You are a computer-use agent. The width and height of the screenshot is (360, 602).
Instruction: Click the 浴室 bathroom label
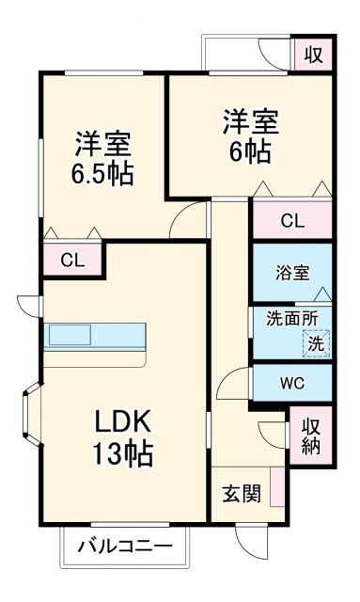click(x=292, y=274)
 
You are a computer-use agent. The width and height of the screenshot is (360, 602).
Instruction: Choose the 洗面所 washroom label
click(x=292, y=318)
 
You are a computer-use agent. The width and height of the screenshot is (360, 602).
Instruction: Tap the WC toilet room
click(x=292, y=384)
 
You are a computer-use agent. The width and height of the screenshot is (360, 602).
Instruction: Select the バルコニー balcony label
click(x=124, y=547)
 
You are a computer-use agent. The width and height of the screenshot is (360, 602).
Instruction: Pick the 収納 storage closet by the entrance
click(x=311, y=436)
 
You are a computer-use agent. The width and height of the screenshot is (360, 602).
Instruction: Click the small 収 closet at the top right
click(x=313, y=55)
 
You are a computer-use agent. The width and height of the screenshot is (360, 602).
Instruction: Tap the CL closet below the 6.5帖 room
click(x=71, y=260)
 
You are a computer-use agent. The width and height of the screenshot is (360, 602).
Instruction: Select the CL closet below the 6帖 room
click(x=292, y=221)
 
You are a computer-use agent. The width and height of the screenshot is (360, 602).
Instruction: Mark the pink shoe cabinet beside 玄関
click(x=276, y=487)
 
